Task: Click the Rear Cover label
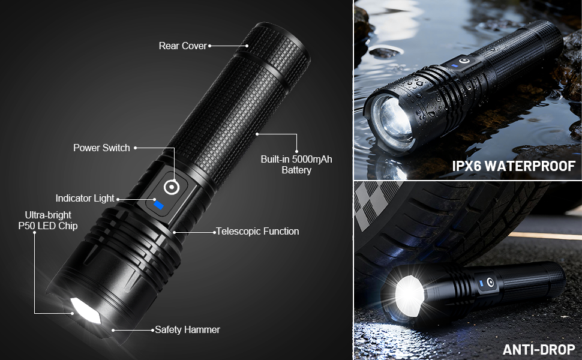[x=182, y=46]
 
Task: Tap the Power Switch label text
[x=101, y=148]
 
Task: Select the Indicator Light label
[x=85, y=198]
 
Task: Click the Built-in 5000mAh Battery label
[x=296, y=164]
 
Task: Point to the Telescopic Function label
[x=257, y=231]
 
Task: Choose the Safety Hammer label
[x=187, y=329]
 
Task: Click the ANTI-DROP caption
[x=538, y=349]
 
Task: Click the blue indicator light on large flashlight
[x=158, y=206]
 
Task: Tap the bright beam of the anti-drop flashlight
[x=409, y=294]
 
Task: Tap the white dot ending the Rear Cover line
[x=247, y=46]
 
